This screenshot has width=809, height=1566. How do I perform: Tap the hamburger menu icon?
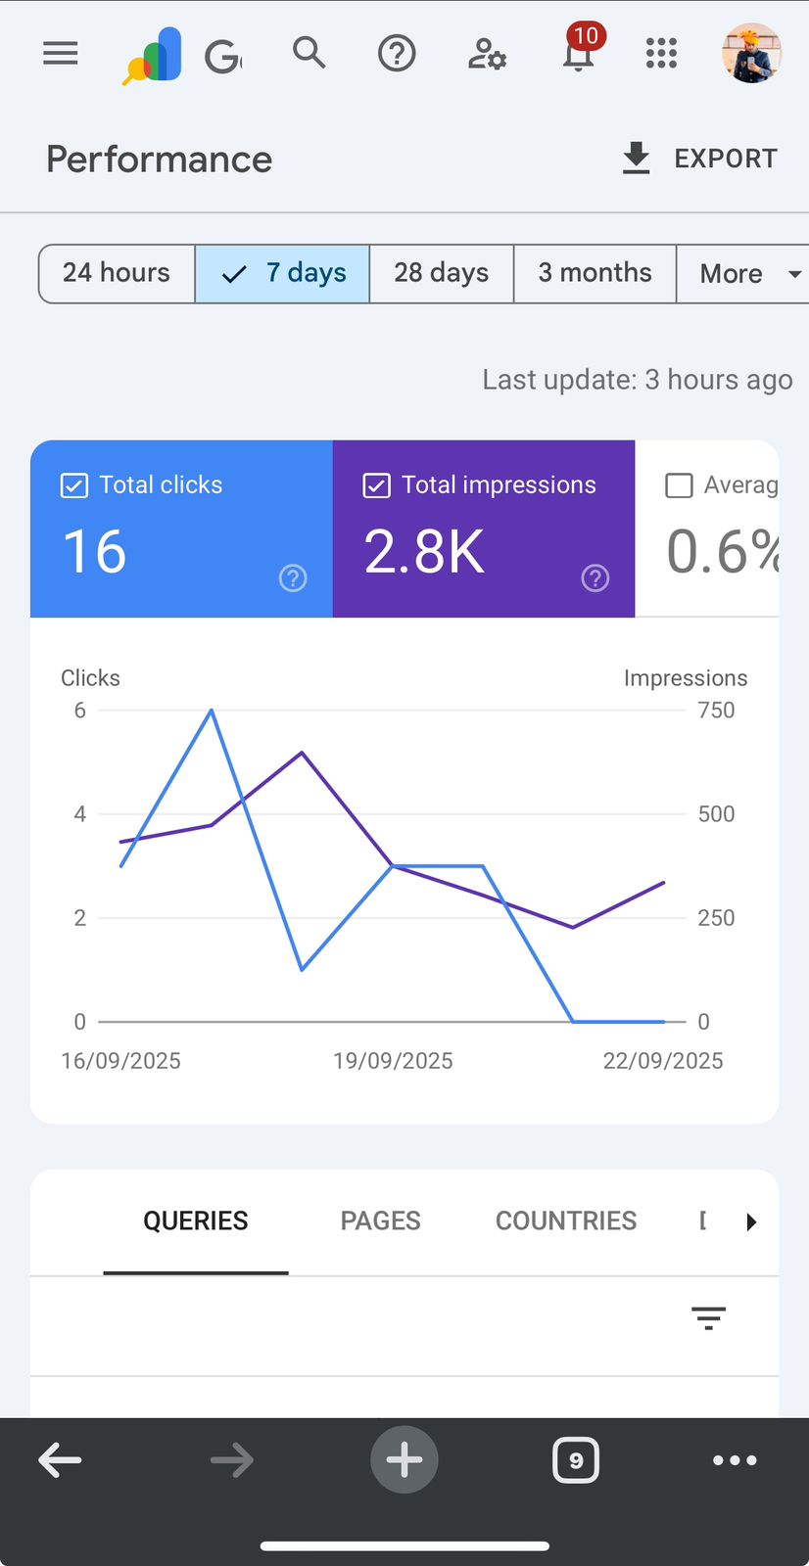pos(61,53)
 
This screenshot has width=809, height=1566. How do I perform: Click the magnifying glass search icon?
pos(309,52)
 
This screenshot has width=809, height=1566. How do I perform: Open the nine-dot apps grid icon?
pos(661,53)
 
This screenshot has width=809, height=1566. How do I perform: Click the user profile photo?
pos(751,53)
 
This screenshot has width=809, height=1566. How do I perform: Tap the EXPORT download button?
pos(699,159)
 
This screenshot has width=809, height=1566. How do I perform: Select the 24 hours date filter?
pos(117,273)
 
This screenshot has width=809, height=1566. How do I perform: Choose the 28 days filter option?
pos(441,273)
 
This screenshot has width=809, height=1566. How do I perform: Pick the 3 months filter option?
pos(595,273)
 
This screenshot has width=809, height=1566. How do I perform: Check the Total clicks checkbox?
pos(74,485)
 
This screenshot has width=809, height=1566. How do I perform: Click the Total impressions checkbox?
pos(377,485)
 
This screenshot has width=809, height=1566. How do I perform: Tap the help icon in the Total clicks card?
pos(293,578)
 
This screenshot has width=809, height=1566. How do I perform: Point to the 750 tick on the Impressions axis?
pos(716,711)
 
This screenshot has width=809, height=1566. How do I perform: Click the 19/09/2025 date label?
pos(393,1061)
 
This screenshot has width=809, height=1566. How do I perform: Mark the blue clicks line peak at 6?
pos(212,711)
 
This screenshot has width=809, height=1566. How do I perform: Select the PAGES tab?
pos(380,1221)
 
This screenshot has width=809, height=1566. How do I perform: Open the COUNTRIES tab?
pos(565,1221)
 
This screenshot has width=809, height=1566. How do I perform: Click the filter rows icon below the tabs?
pos(708,1318)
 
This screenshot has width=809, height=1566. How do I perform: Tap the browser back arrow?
pos(60,1460)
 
